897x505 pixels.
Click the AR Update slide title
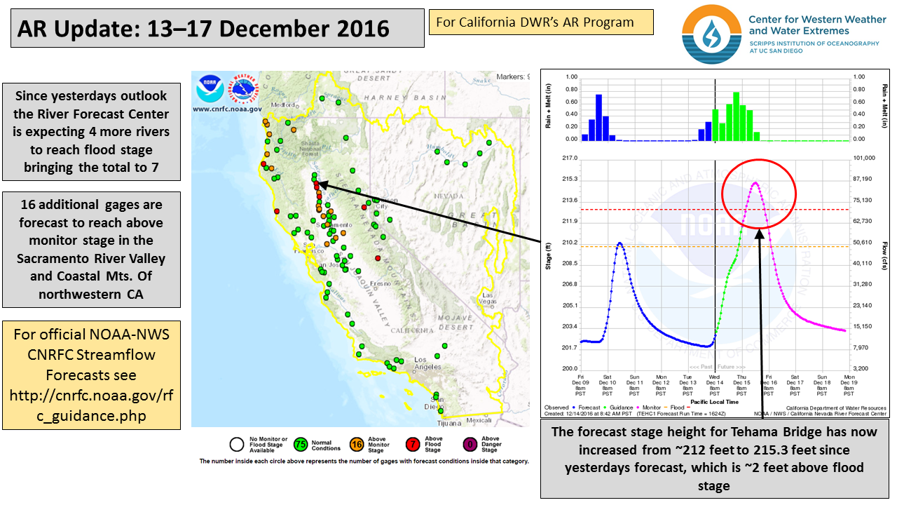[x=203, y=28]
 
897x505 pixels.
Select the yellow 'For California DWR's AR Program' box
[x=540, y=22]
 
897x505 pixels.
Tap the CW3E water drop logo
[x=711, y=33]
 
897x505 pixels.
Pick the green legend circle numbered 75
[x=301, y=444]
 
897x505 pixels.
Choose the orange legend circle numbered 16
[x=355, y=444]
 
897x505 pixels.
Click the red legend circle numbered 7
[x=413, y=444]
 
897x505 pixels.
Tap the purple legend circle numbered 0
[x=468, y=444]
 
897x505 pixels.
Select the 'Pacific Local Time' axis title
[x=714, y=402]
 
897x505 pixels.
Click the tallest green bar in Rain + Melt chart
[x=736, y=116]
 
